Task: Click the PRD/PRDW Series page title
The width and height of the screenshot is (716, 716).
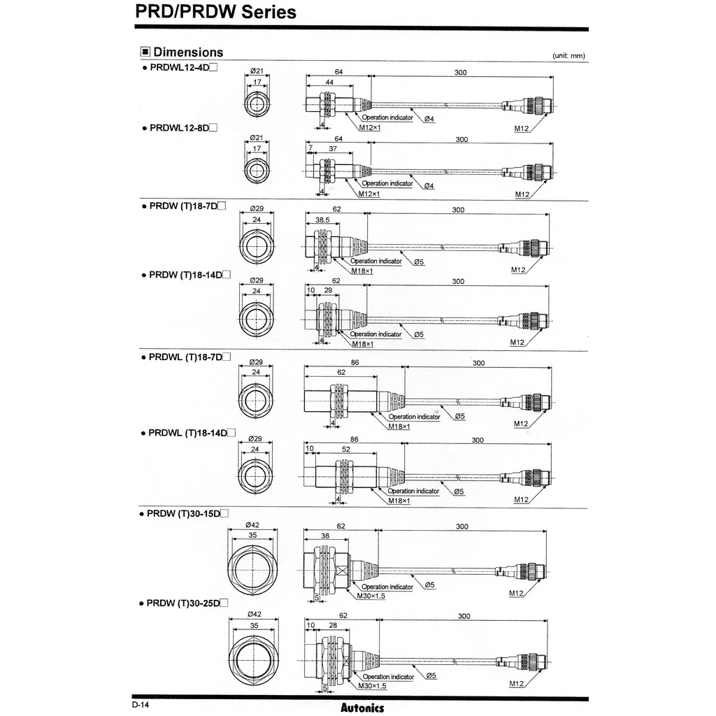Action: coord(215,12)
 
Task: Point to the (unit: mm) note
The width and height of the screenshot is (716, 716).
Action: coord(568,55)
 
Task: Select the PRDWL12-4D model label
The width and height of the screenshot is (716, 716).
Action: coord(180,68)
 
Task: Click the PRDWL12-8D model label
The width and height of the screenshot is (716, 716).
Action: coord(180,127)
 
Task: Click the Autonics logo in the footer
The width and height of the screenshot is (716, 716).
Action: coord(362,708)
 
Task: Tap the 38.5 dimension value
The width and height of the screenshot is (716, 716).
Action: coord(322,219)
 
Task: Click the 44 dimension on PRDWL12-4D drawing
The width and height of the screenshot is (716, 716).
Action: coord(329,83)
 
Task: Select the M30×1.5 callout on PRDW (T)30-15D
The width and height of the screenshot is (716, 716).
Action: coord(371,596)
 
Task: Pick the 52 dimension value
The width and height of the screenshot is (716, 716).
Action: coord(345,450)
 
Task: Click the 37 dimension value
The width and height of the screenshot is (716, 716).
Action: coord(333,149)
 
